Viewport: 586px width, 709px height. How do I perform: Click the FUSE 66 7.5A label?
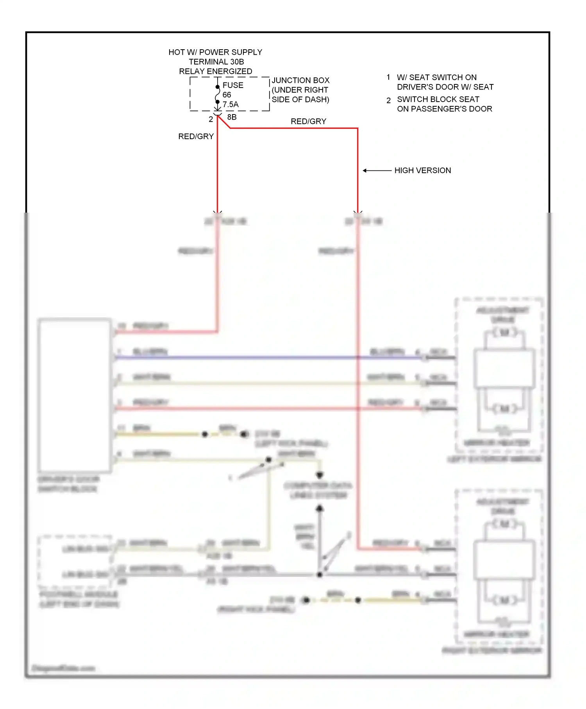(232, 95)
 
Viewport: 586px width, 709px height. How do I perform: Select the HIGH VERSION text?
(422, 170)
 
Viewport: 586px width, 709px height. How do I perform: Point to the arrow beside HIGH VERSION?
(377, 170)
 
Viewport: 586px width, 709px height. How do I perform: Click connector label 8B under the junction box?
(232, 117)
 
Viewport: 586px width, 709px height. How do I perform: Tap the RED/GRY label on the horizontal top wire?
(308, 122)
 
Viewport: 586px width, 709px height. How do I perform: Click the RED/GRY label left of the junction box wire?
(196, 136)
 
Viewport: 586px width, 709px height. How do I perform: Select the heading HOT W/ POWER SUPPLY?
(215, 52)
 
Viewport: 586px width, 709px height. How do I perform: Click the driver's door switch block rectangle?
(74, 395)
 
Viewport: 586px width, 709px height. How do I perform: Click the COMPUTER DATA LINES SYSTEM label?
(318, 490)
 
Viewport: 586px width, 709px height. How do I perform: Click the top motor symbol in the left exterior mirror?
(504, 333)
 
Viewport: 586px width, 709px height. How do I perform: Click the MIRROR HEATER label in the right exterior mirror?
(497, 634)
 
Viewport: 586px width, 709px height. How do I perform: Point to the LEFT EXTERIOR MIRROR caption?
(494, 459)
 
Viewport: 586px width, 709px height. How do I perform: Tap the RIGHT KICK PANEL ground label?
(256, 609)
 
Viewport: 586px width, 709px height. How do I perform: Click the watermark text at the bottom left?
(63, 668)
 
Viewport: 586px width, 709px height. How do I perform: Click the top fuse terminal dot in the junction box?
(218, 87)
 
